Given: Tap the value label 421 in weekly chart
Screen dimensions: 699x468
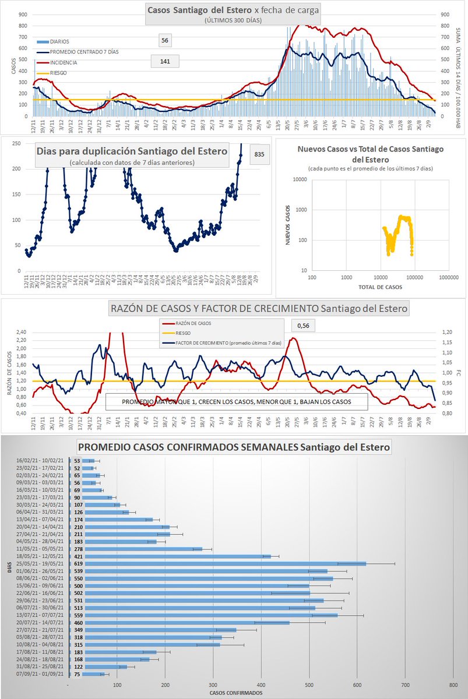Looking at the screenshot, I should pos(76,556).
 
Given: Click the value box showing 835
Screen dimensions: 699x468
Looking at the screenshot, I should pos(259,154).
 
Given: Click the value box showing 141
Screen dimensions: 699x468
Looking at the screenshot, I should pos(164,61).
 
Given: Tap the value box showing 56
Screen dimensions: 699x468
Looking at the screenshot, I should pos(164,41).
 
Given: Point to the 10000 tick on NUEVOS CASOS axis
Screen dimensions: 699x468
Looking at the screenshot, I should pos(301,179).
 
